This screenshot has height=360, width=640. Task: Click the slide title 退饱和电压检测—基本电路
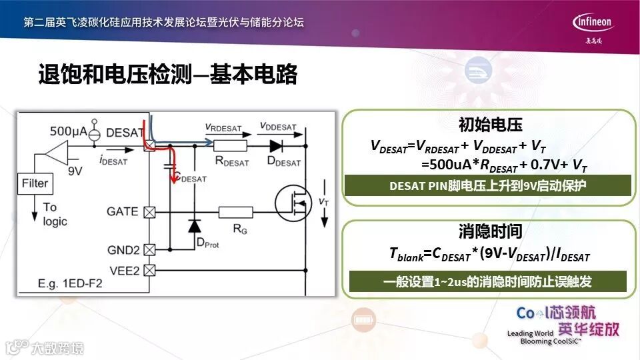(x=167, y=75)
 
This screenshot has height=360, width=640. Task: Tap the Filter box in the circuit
(x=35, y=183)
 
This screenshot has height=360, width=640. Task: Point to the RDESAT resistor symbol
(x=231, y=145)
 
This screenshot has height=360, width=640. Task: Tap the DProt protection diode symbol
(x=194, y=226)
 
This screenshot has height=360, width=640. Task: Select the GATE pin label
(x=122, y=212)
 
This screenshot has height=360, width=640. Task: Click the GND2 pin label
(x=123, y=250)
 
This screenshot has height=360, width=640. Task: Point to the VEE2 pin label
(x=123, y=270)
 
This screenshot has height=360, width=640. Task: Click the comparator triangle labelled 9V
(x=61, y=152)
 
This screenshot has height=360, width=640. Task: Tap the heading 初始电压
(x=490, y=125)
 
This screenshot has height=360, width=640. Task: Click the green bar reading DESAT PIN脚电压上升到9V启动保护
(x=487, y=186)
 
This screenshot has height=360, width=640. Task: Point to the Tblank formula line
(x=489, y=255)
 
